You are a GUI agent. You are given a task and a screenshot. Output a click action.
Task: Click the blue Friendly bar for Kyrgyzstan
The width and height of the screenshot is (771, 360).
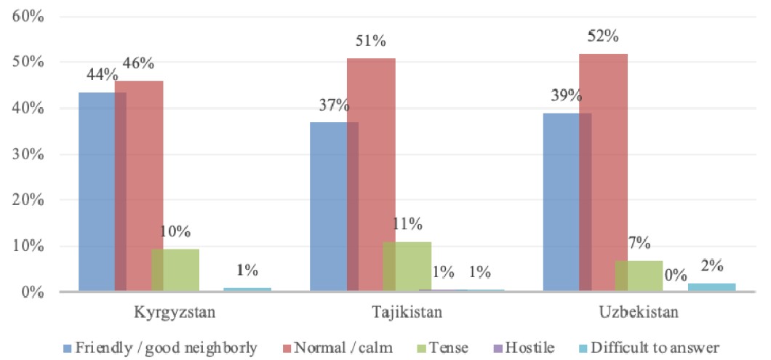click(x=97, y=193)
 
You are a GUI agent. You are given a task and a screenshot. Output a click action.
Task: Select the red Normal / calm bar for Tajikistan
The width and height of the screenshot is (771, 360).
click(x=371, y=175)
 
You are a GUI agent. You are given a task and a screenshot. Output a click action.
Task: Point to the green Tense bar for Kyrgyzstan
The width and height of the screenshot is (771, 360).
click(x=175, y=270)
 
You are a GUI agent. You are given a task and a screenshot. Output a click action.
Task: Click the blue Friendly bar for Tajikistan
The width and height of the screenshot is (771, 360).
click(x=328, y=207)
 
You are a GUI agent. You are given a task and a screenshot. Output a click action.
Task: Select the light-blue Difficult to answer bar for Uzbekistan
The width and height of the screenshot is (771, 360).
click(x=711, y=287)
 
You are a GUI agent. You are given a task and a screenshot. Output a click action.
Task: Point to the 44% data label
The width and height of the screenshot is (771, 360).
click(x=102, y=74)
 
